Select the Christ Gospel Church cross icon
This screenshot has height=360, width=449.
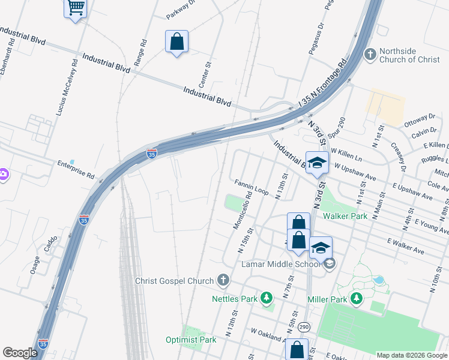point(223,280)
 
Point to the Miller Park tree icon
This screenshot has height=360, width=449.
point(357,298)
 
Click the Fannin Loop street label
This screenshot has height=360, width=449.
point(252,187)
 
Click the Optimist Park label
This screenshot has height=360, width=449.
point(191,340)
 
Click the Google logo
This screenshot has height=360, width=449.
point(20,352)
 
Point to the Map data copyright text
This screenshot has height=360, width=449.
point(412,355)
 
